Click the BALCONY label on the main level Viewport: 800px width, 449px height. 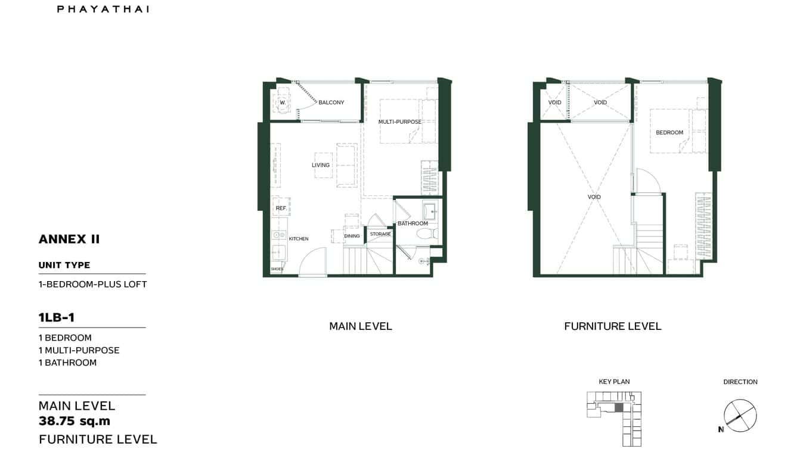331,102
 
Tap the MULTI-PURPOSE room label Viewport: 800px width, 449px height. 399,122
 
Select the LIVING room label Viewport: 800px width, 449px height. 321,165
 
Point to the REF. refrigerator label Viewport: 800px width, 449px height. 281,208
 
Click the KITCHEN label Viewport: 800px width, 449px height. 299,239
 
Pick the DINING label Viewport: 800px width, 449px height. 352,236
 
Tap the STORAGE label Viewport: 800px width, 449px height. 380,234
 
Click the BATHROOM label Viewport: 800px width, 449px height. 413,223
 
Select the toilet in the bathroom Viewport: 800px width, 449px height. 427,234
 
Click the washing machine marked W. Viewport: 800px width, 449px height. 283,103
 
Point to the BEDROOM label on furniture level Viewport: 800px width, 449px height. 669,132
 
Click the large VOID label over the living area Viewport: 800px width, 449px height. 594,197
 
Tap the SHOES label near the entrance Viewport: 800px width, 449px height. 277,269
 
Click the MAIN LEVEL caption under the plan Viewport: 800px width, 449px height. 361,326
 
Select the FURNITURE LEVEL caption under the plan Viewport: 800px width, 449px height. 613,326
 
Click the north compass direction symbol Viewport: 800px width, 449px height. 740,415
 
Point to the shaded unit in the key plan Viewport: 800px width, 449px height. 619,407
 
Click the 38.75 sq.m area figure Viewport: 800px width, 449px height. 75,422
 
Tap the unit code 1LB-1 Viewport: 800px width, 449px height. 57,317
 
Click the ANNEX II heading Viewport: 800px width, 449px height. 69,239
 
